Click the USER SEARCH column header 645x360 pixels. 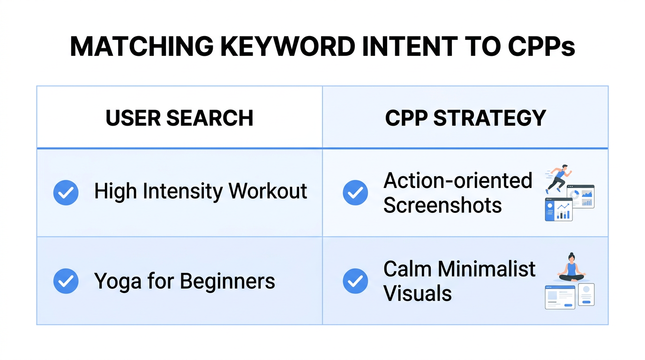[180, 118]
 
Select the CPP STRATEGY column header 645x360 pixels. [465, 118]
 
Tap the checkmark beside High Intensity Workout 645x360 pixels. [66, 193]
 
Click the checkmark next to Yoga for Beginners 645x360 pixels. [66, 281]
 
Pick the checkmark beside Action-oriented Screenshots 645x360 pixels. [355, 193]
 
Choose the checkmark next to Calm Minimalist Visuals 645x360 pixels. [355, 281]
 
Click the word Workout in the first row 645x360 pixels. [268, 191]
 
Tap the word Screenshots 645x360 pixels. [442, 205]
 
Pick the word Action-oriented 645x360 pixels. [457, 181]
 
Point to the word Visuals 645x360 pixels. [417, 293]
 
